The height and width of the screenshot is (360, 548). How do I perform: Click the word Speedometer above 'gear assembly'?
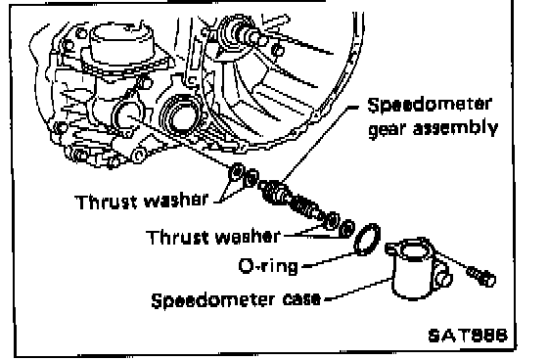pos(430,106)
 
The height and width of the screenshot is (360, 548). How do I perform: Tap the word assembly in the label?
pos(455,128)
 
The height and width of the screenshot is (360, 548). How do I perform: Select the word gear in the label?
pos(388,130)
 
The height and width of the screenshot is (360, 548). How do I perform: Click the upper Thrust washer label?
pos(142,201)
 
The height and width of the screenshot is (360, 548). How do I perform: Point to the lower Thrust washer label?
pos(213,237)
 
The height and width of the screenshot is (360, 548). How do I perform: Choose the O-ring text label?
pos(268,266)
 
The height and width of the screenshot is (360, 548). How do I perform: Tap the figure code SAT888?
pos(468,336)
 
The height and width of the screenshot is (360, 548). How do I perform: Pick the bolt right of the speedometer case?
pos(481,276)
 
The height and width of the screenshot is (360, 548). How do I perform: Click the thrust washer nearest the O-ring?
pos(346,228)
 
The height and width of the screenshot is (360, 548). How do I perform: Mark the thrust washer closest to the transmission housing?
pos(236,171)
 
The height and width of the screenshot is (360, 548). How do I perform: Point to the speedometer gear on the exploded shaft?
pos(273,192)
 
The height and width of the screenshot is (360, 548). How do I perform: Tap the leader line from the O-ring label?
pos(328,259)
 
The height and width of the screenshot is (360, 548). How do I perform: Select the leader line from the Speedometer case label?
pos(357,289)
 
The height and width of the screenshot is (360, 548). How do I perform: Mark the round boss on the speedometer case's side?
pos(444,279)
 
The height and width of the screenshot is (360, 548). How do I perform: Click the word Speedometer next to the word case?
pos(212,300)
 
